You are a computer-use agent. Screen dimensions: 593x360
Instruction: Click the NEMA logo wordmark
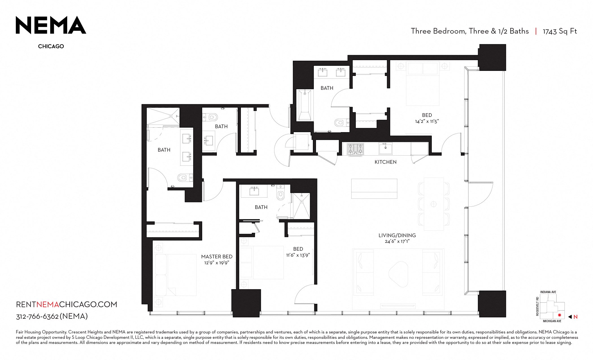pos(51,25)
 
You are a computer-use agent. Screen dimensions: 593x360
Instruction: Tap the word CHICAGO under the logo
pos(51,46)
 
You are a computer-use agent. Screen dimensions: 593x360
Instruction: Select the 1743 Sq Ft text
pos(560,31)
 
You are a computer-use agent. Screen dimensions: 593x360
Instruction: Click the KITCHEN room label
pos(385,162)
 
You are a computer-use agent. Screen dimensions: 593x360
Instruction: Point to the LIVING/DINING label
pos(397,235)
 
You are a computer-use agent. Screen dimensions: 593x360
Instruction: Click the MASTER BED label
pos(217,257)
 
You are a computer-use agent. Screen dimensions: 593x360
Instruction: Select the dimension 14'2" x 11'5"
pos(427,121)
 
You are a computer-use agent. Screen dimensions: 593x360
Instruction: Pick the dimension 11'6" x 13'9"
pos(298,255)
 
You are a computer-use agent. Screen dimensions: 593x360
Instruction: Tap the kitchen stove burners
pos(356,149)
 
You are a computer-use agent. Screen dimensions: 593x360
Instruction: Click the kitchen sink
pos(385,149)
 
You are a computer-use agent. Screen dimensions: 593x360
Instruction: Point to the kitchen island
pos(374,189)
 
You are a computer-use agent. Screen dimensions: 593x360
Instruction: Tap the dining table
pos(434,204)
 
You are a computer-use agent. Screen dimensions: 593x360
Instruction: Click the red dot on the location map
pos(559,315)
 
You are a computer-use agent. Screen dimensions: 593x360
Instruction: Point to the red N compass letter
pos(575,317)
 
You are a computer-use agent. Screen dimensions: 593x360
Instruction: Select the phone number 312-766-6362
pos(37,317)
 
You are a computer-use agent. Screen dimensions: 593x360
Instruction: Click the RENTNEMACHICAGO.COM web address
pos(66,304)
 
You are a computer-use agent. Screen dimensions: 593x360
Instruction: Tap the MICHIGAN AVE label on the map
pos(552,321)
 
